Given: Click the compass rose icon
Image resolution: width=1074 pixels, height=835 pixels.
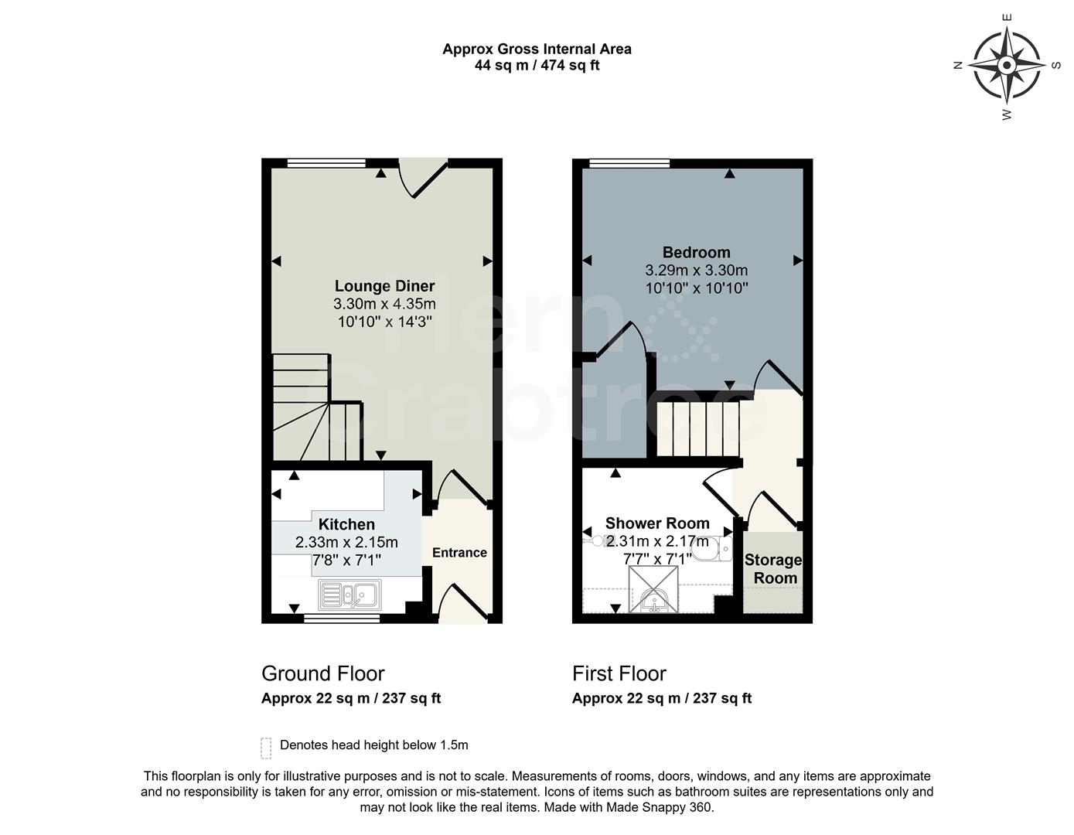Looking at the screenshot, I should coord(1007,66).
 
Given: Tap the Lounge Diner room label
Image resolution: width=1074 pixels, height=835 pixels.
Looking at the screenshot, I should coord(384,286).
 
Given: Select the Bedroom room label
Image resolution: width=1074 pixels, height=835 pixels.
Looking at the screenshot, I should coord(696,252).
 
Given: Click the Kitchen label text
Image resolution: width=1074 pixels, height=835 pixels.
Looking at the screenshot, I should coord(346,524).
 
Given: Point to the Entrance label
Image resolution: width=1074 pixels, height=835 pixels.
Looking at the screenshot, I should coord(459,553).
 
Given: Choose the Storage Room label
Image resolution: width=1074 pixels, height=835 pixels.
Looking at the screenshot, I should coord(773,569).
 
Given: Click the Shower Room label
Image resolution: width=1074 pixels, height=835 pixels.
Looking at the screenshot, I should coord(657,523).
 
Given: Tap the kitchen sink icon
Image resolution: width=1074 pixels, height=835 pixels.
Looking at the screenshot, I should coord(349,595).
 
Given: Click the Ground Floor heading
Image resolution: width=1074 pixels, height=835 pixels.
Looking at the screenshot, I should coord(322,673).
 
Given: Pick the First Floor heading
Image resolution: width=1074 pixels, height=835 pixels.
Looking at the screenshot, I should coord(619,673).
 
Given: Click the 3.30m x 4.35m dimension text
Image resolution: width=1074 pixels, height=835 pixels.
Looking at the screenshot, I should coord(384,304).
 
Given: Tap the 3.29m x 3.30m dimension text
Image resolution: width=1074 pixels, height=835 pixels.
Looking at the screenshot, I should coord(696,271).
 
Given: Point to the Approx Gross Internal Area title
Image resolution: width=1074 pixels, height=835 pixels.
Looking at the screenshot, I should coord(537,49).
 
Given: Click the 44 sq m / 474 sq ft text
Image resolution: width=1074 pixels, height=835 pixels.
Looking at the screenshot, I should coord(537,66).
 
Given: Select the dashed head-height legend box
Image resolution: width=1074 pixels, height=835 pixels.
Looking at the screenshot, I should coord(266,748).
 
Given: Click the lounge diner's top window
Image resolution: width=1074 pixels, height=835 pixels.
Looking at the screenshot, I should coord(325,163).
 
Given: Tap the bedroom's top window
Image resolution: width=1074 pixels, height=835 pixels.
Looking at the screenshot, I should coord(629,163).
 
